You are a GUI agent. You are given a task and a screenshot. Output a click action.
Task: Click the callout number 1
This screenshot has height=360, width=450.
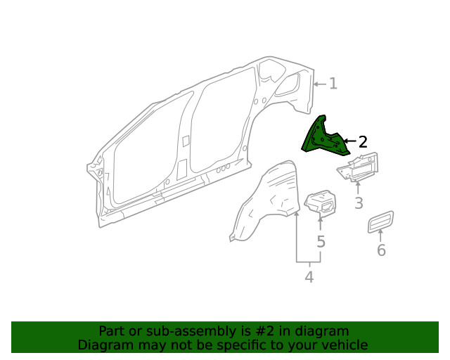tap(333, 84)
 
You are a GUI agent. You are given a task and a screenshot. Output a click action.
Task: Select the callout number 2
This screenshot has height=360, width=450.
tap(363, 142)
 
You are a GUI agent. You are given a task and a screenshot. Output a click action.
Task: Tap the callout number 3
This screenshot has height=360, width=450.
tap(358, 204)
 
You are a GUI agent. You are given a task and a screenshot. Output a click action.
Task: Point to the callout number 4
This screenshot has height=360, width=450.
tap(309, 277)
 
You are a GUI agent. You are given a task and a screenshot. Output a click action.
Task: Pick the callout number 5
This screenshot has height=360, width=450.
tap(321, 242)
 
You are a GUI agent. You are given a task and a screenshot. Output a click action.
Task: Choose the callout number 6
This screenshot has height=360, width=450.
tap(381, 250)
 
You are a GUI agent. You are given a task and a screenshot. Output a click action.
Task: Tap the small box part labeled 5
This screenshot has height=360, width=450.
tap(321, 202)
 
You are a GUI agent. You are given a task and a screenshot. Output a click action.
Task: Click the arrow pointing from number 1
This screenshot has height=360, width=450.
tap(320, 84)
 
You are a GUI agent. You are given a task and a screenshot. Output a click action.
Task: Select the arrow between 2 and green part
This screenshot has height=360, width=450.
tap(349, 141)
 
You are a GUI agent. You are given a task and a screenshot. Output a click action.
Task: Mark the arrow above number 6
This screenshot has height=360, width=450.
tap(381, 236)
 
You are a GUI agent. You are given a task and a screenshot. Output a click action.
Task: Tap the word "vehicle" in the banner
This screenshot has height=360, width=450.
tap(345, 345)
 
